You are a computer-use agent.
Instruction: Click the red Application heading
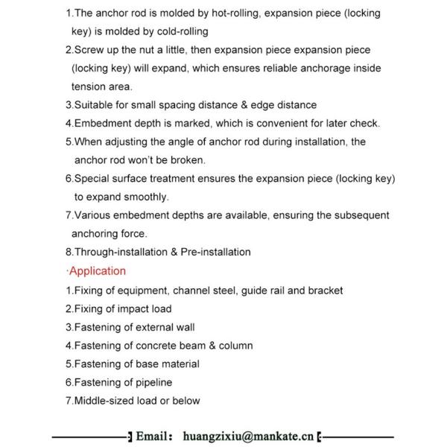(x=98, y=271)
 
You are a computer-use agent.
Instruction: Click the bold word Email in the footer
(x=154, y=434)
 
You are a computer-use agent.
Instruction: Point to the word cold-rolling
(x=180, y=31)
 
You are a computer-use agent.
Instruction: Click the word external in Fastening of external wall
(x=152, y=327)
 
